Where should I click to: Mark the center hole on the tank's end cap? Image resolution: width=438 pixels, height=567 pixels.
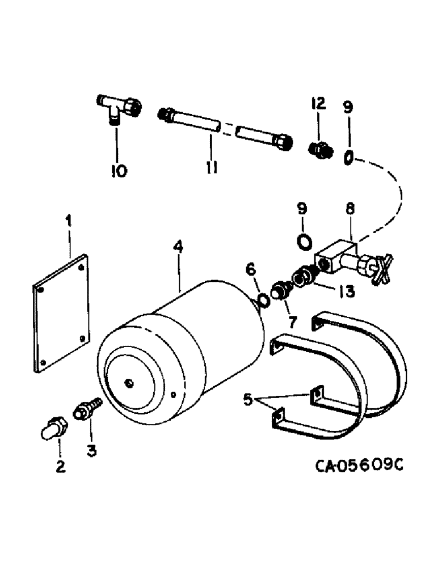coord(130,384)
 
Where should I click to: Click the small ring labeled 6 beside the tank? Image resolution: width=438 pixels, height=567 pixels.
coord(263,299)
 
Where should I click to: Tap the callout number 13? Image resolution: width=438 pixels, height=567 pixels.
coord(344,291)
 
